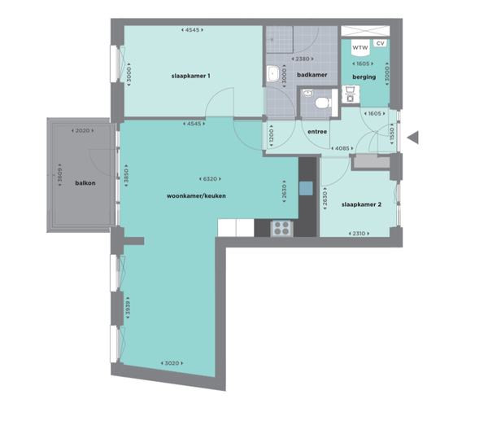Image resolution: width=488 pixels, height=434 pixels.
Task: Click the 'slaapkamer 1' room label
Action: [x=190, y=76]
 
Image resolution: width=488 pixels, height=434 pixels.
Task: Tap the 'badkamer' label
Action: [x=312, y=75]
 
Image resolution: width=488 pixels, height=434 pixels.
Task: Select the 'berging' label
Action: [x=364, y=77]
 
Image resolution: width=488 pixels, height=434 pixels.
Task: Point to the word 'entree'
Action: [x=317, y=132]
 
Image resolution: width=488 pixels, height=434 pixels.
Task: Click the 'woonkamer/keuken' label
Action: [x=196, y=196]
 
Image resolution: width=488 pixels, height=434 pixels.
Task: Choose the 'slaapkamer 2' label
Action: [x=361, y=204]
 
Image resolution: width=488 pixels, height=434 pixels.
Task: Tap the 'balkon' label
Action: [x=85, y=183]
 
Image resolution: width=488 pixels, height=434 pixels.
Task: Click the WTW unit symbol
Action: [x=360, y=48]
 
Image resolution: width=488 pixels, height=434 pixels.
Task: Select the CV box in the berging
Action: [x=380, y=43]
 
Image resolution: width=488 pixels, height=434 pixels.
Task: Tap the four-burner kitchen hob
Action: [x=281, y=228]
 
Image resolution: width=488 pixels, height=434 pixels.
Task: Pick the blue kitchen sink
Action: [x=306, y=188]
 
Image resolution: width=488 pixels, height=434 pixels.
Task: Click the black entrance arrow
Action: [x=413, y=138]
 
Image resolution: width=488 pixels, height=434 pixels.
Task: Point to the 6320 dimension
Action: [x=210, y=179]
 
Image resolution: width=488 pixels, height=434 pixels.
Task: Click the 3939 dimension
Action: [x=128, y=308]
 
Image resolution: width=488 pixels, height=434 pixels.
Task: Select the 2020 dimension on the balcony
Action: [x=82, y=131]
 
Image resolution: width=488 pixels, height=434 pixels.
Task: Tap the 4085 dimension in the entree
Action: [x=342, y=149]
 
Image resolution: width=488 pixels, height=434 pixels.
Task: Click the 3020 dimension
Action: [x=172, y=363]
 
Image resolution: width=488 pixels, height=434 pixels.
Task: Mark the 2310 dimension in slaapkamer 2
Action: [x=359, y=234]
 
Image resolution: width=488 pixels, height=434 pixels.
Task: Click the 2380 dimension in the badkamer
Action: [x=303, y=59]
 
